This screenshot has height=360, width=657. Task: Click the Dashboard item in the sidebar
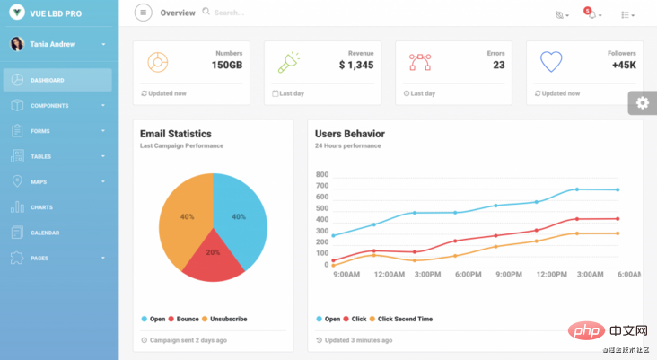57,80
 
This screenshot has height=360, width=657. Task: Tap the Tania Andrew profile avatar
17,44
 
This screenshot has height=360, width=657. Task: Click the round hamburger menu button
144,13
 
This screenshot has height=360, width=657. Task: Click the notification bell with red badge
591,13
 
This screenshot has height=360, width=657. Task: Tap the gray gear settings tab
643,102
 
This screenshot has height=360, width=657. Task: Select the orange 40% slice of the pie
184,218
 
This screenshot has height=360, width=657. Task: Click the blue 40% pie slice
241,218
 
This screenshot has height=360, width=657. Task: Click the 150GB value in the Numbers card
227,65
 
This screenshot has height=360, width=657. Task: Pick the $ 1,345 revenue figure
356,65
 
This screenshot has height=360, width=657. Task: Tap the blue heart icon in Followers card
551,62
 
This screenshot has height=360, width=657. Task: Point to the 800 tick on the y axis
322,174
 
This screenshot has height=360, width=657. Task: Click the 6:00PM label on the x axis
468,274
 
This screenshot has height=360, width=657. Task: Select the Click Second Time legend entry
400,319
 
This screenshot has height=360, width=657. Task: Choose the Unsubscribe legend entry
224,319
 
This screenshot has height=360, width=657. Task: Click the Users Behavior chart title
350,134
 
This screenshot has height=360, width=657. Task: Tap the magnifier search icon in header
206,12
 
